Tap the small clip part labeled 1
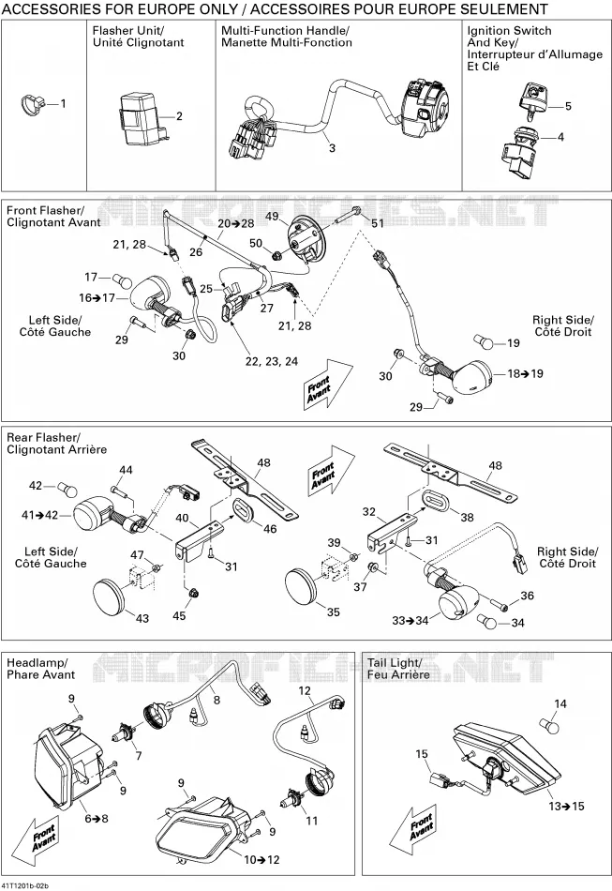pos(32,103)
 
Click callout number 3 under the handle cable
pos(332,148)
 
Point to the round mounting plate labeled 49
pos(304,238)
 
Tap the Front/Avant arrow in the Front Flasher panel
pos(328,384)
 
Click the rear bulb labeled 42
pos(63,488)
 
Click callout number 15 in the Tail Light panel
pos(421,753)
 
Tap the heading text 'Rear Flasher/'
pos(43,437)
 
